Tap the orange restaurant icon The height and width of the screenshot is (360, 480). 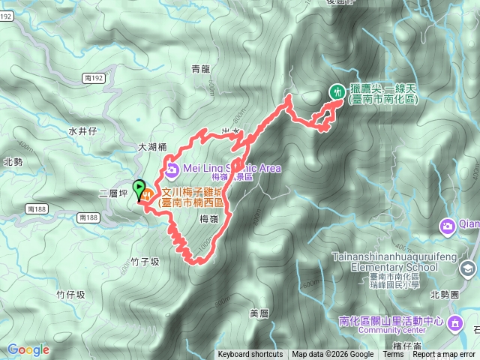pos(148,195)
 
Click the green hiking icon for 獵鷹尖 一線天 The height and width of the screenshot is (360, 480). pos(337,90)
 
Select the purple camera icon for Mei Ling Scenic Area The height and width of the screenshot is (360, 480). pos(172,168)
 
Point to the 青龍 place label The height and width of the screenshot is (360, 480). pos(200,69)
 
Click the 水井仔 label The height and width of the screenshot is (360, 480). pos(82,130)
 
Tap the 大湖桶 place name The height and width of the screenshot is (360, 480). pos(152,147)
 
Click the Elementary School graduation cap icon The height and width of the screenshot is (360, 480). pos(468,268)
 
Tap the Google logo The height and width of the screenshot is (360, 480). pos(28,349)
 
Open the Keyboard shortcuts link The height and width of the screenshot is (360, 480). pos(250,355)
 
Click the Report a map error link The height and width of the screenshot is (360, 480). pos(443,355)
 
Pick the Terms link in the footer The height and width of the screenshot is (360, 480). pos(393,355)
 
